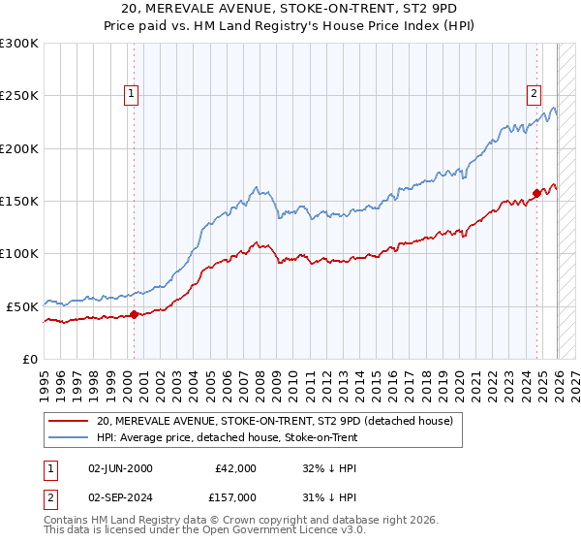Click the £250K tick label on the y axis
(19, 96)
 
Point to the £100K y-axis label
(19, 253)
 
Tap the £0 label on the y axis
(30, 359)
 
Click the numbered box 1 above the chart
(132, 94)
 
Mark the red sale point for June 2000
(134, 314)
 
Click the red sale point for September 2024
(536, 193)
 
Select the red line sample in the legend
(69, 421)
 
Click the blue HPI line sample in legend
(69, 437)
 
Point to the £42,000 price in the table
(235, 468)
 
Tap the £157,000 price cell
(235, 496)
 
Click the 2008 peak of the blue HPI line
(255, 187)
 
